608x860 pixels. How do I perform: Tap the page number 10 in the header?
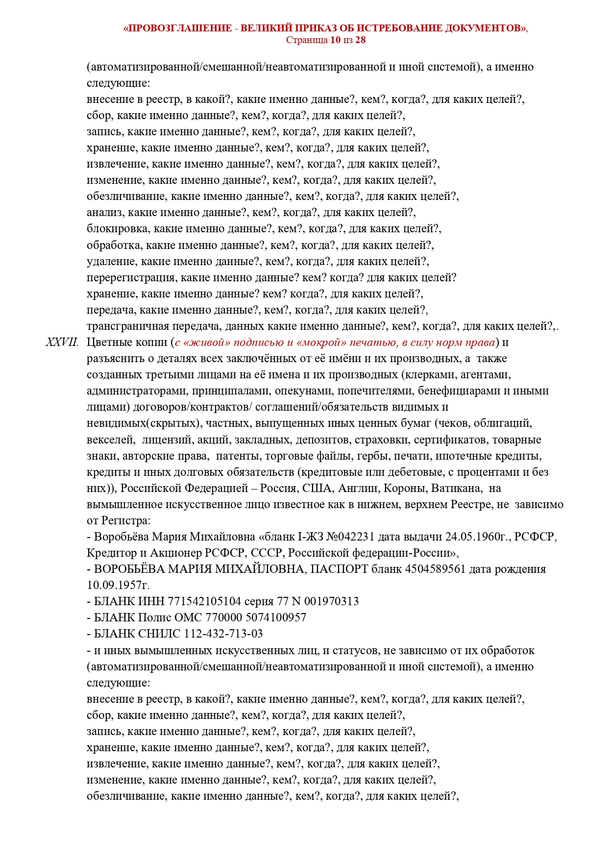(335, 40)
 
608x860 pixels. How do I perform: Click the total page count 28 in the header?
(360, 40)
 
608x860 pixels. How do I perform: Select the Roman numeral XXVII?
(62, 342)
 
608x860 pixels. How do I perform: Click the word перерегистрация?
(131, 278)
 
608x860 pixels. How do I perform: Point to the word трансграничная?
(128, 326)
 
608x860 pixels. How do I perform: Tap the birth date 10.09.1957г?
(118, 585)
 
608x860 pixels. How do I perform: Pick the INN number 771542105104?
(204, 601)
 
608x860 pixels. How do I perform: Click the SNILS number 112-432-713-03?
(223, 634)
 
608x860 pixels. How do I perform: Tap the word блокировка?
(118, 229)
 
